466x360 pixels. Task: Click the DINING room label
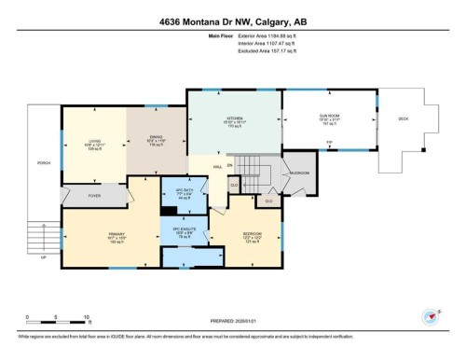pos(157,137)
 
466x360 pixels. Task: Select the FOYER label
pos(95,195)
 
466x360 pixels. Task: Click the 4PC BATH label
pos(184,194)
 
